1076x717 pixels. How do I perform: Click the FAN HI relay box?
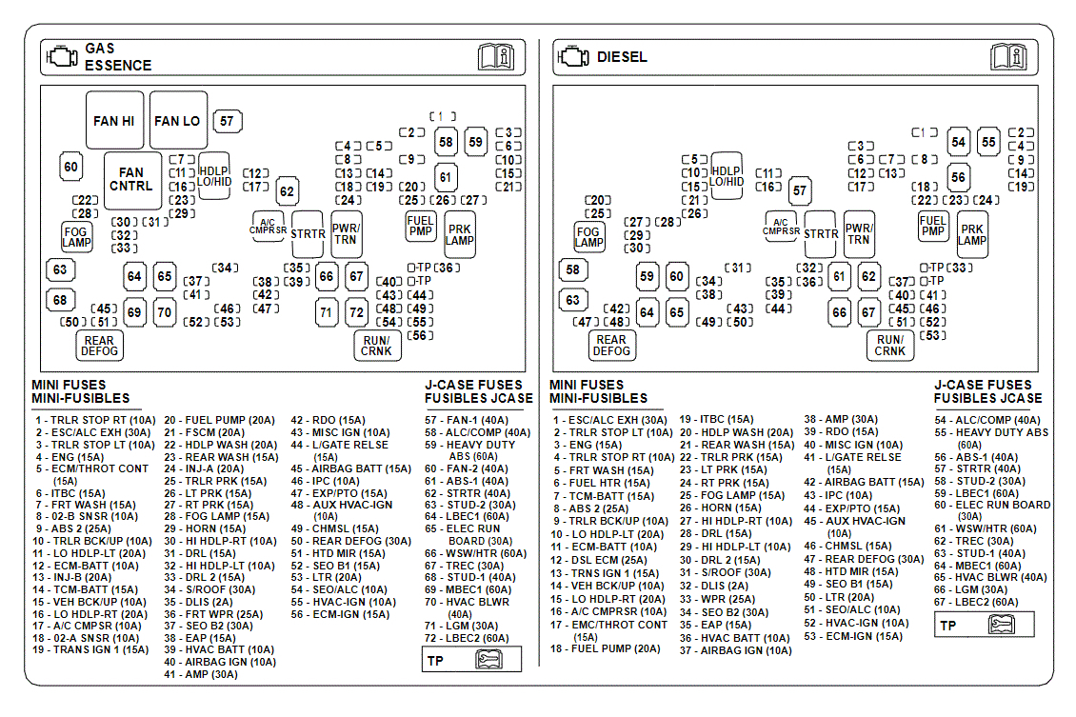[114, 121]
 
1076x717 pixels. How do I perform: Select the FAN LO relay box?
[177, 121]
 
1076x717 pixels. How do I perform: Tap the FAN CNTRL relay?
[131, 180]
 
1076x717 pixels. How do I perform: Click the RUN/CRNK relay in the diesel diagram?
[889, 346]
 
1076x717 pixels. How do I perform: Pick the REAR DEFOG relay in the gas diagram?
[99, 346]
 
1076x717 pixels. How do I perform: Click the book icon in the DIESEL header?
[1008, 57]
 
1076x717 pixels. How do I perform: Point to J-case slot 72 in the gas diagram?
[356, 311]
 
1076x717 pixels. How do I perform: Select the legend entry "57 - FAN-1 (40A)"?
[466, 419]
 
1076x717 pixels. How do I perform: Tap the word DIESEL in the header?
[622, 57]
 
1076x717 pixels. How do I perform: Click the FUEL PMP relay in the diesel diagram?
[933, 226]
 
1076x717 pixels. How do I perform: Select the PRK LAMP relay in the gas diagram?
[460, 234]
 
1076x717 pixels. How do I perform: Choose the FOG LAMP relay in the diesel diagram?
[588, 237]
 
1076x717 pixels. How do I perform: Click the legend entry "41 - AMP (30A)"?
[200, 674]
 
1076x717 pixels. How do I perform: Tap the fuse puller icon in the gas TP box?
[491, 660]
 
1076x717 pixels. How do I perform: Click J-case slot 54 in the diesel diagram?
[958, 142]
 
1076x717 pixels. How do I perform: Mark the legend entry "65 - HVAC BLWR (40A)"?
[989, 577]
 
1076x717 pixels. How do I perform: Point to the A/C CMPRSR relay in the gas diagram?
[268, 227]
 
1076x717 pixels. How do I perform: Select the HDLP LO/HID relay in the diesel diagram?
[727, 175]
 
